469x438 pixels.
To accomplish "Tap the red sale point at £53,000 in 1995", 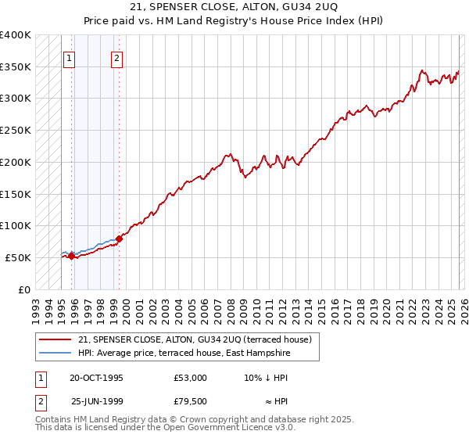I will (71, 255).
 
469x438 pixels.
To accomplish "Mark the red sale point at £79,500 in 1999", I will (119, 239).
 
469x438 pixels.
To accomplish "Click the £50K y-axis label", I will (19, 257).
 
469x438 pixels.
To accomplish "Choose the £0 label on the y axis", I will (26, 289).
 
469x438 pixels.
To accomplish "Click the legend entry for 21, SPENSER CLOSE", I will (195, 339).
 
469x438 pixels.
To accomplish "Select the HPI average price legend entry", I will (184, 354).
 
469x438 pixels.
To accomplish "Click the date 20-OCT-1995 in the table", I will (96, 378).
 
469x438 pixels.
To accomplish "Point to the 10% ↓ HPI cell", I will (266, 378).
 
